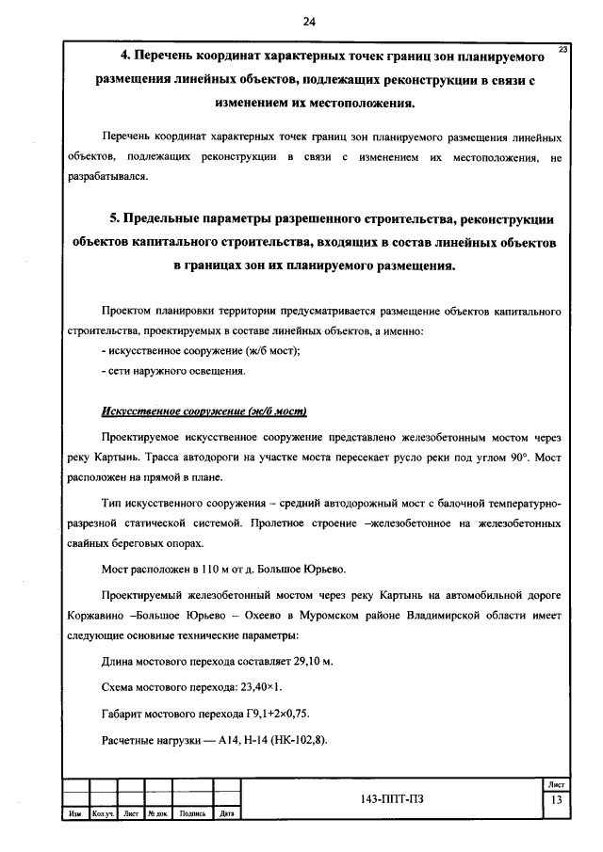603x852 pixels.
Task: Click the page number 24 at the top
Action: point(309,22)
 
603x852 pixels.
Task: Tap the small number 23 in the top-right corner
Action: point(562,48)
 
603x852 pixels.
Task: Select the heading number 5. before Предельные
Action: point(116,219)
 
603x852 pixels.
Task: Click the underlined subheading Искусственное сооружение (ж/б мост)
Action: point(204,412)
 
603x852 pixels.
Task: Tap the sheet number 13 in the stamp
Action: point(557,800)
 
